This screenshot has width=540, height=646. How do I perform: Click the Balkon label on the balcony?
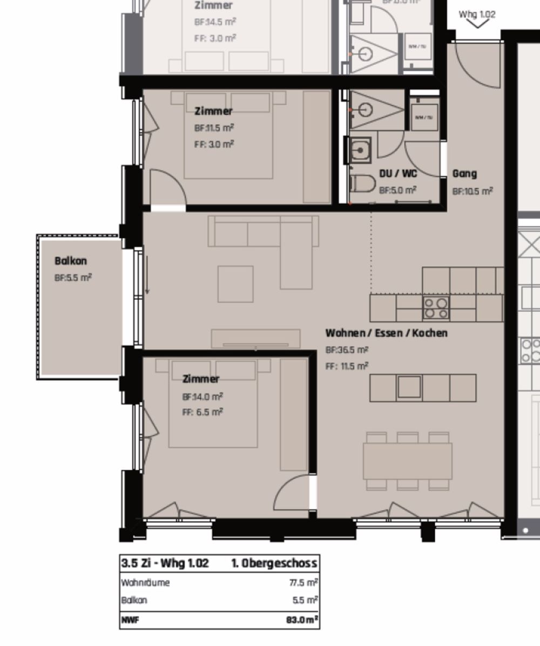70,261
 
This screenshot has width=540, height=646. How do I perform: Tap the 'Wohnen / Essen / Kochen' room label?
386,333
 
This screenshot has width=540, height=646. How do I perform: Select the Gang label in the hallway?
464,173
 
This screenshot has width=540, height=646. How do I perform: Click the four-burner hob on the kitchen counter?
436,308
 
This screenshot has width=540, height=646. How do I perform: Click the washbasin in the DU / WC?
358,150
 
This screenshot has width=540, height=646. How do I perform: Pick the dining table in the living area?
407,461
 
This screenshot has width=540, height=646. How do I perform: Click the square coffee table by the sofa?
235,284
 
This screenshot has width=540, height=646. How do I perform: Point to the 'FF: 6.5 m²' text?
202,412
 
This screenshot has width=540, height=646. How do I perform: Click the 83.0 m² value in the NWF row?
302,620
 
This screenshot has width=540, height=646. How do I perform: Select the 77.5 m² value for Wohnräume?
303,582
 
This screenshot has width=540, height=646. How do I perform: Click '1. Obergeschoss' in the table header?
274,563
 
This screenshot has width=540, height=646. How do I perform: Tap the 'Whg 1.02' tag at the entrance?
477,15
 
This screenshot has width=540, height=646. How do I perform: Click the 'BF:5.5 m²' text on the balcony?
73,278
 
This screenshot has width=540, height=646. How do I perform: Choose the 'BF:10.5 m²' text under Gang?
473,191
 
